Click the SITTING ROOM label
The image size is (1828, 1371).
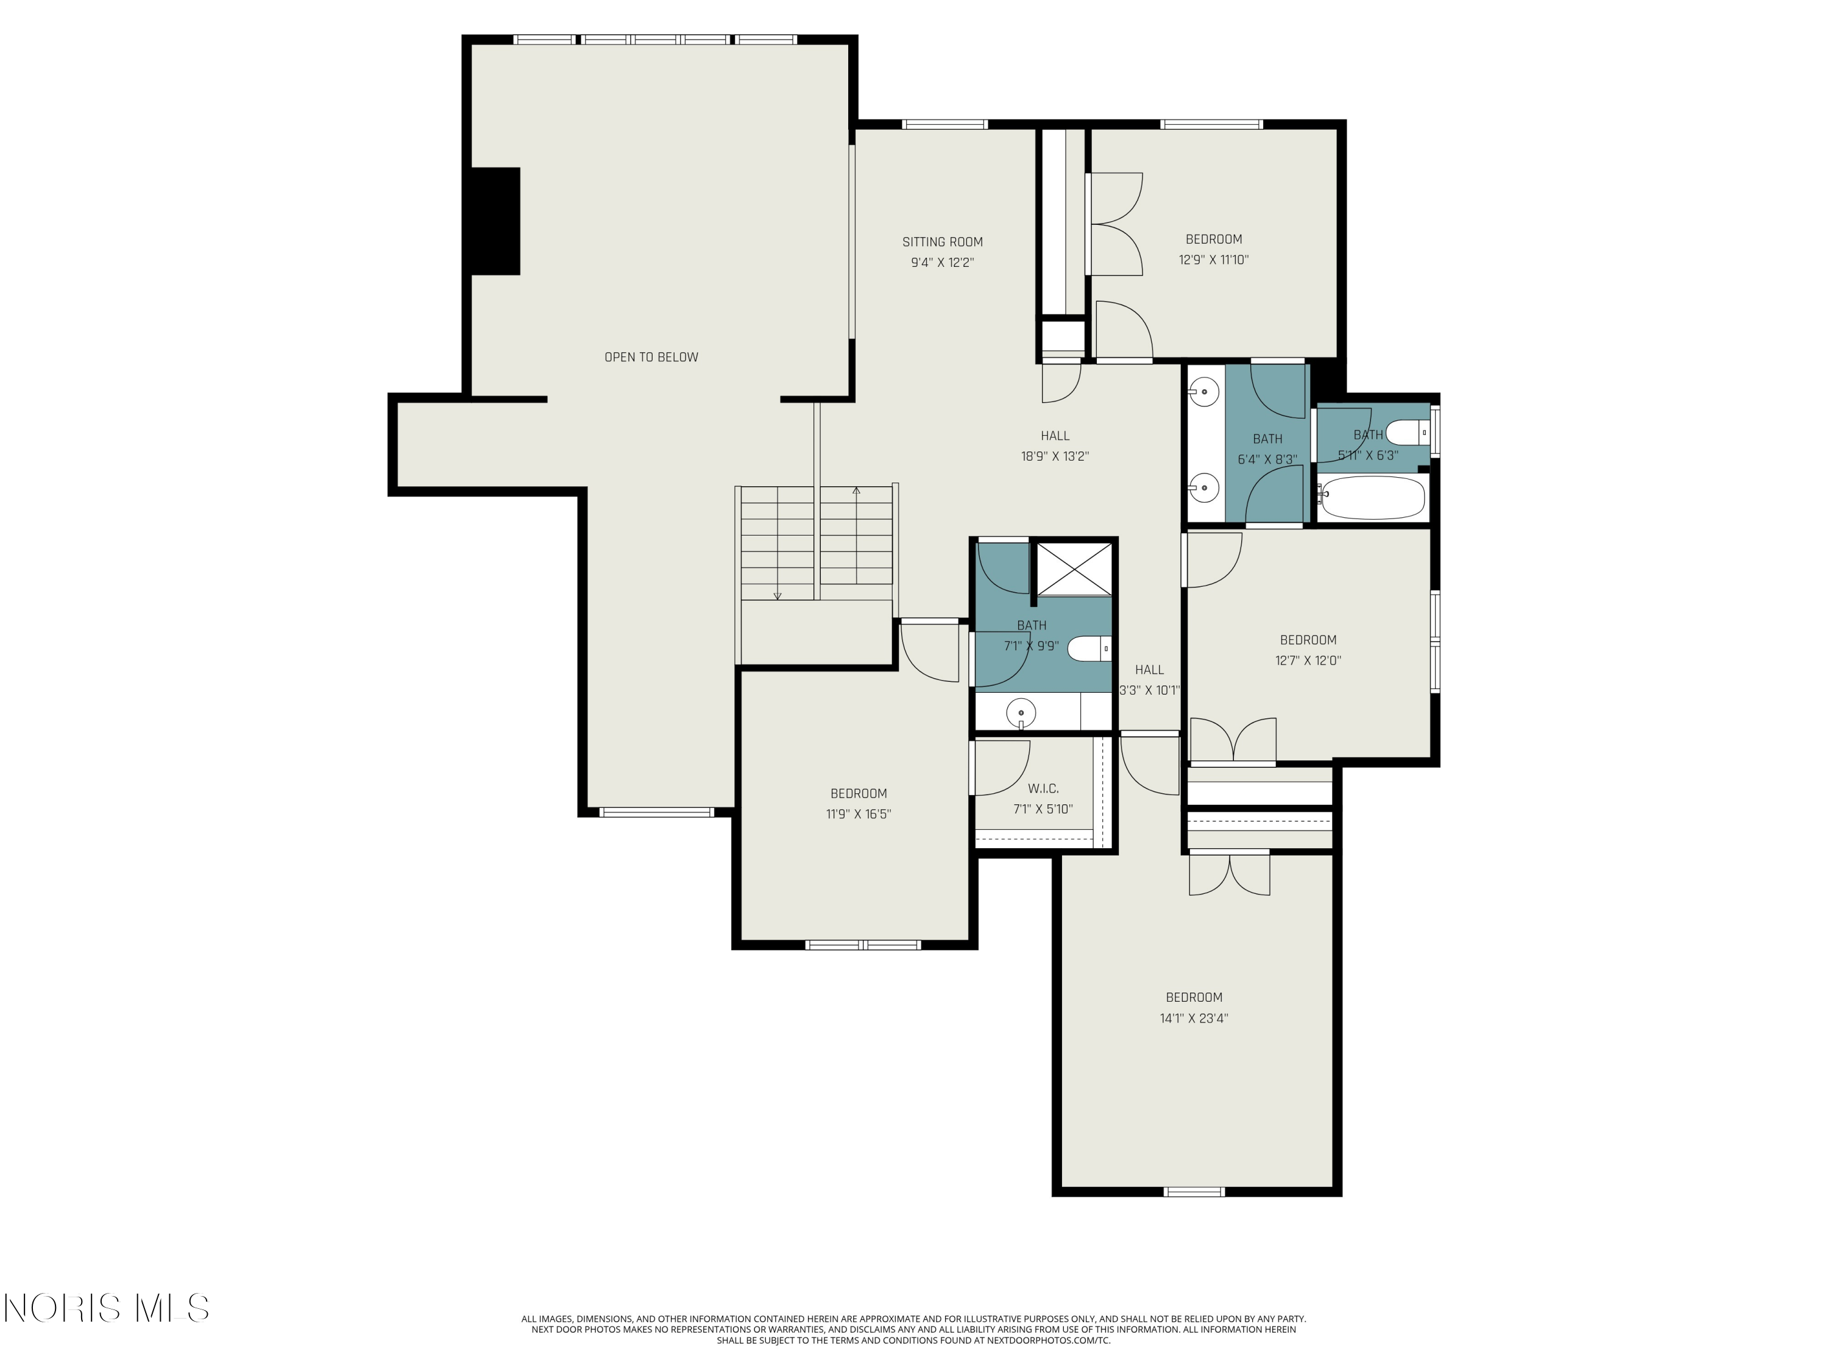point(942,242)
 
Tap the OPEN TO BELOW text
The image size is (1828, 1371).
point(651,357)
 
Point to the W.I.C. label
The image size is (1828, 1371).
point(1043,788)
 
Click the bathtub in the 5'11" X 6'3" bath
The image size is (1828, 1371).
point(1371,497)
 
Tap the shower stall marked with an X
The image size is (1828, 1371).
point(1074,569)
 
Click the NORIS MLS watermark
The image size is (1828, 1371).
point(107,1308)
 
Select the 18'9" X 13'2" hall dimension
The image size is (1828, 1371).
point(1055,456)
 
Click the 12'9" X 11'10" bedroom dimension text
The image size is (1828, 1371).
point(1213,260)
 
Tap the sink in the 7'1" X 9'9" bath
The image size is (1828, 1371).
point(1021,712)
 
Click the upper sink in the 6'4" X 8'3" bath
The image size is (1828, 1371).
point(1204,392)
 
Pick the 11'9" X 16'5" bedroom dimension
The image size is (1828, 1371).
point(859,814)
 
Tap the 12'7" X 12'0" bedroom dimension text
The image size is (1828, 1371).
point(1308,661)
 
